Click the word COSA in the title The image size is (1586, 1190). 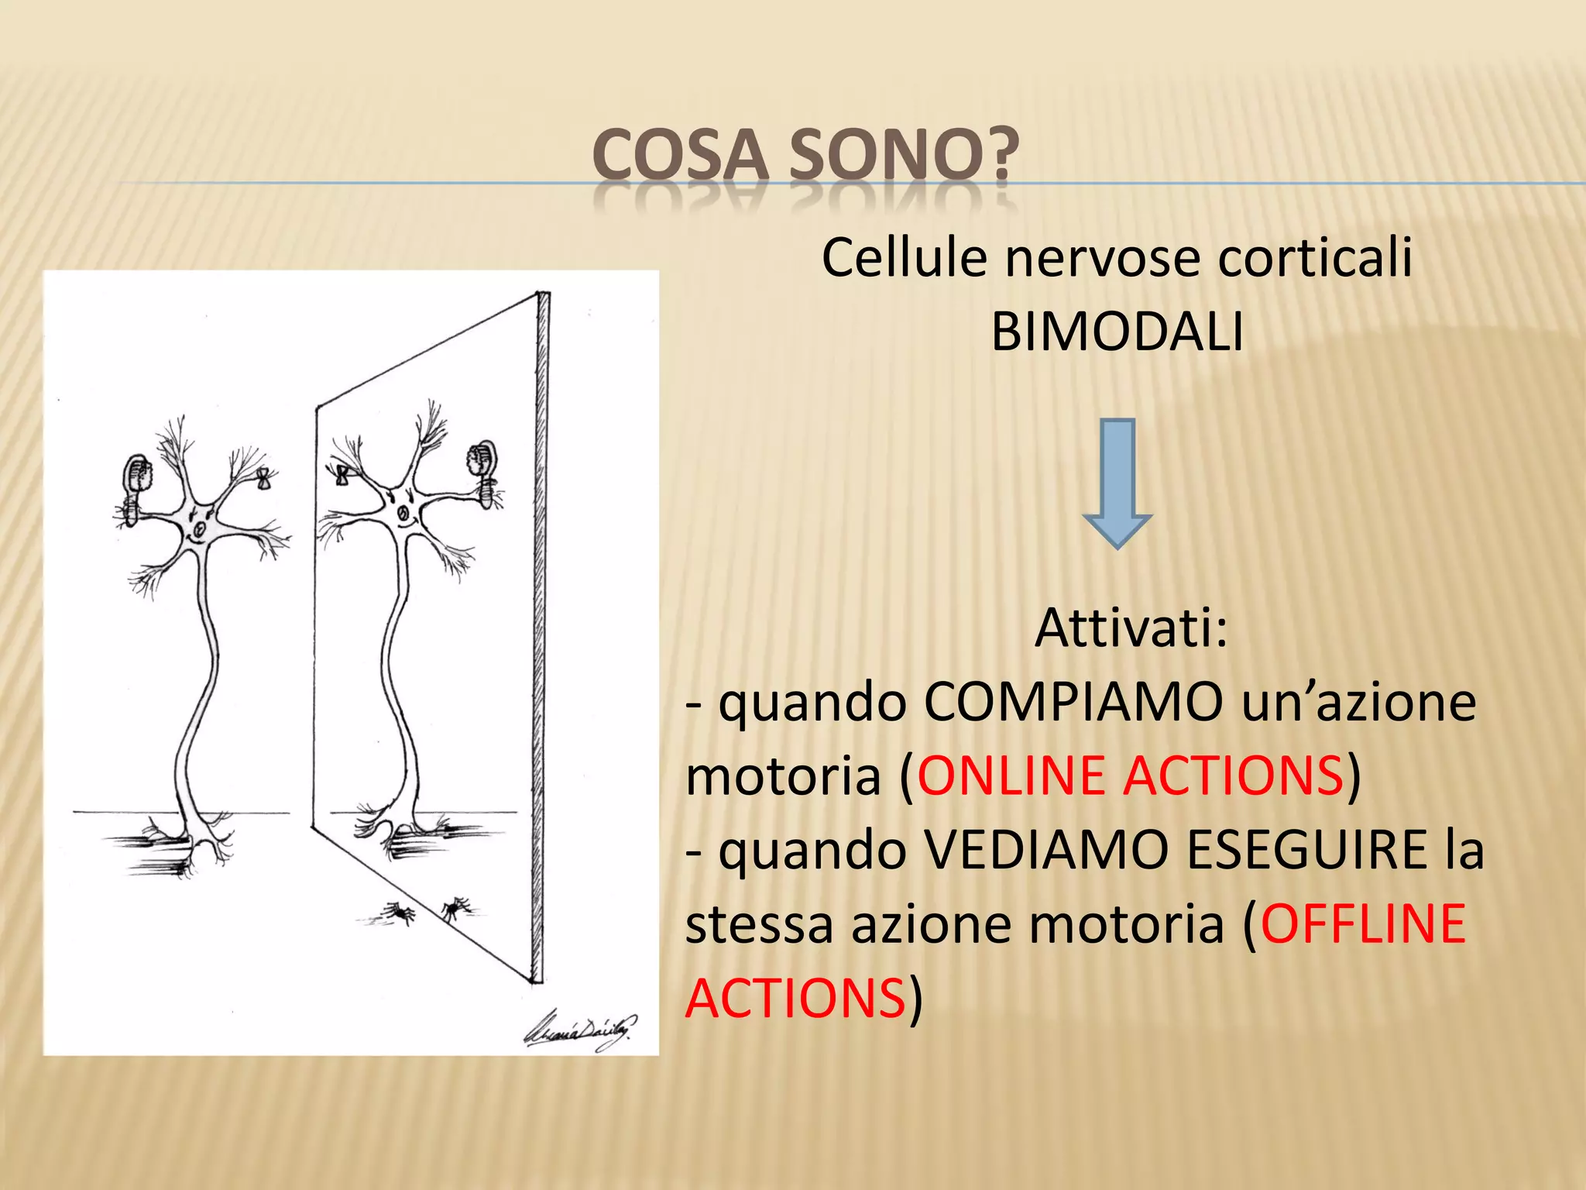click(680, 156)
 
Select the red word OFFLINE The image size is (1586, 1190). click(1363, 923)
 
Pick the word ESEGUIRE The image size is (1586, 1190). click(1307, 850)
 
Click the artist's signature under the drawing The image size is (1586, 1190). click(580, 1030)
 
